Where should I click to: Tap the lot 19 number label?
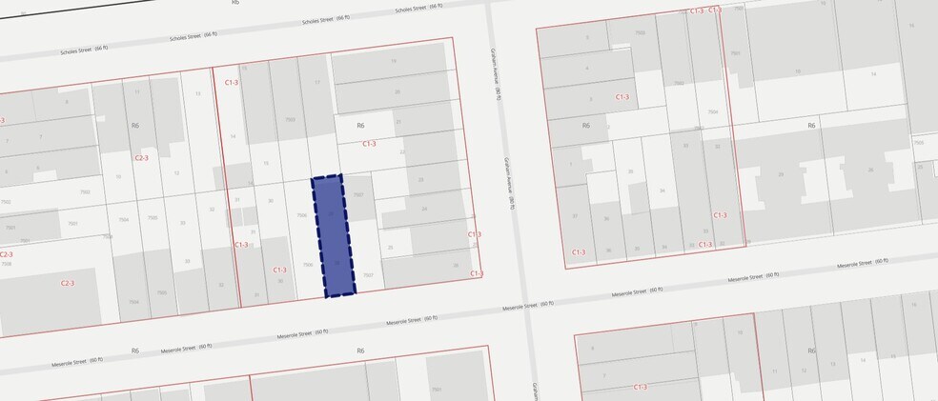click(x=393, y=61)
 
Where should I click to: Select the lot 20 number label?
click(x=397, y=91)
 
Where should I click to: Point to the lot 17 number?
click(x=316, y=83)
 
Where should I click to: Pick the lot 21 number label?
click(x=398, y=122)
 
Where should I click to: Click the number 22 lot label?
click(x=403, y=151)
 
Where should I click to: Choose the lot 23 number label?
click(x=419, y=179)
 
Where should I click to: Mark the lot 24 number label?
click(x=424, y=209)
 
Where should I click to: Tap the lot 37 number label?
click(x=575, y=216)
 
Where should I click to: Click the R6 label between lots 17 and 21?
click(x=360, y=125)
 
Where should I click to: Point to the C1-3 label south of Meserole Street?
click(x=639, y=387)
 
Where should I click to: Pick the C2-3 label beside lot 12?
click(x=141, y=157)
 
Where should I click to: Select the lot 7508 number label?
click(x=6, y=263)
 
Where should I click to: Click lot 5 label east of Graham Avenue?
click(x=587, y=38)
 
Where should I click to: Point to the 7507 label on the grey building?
click(x=358, y=194)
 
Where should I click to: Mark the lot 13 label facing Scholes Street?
click(x=197, y=93)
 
